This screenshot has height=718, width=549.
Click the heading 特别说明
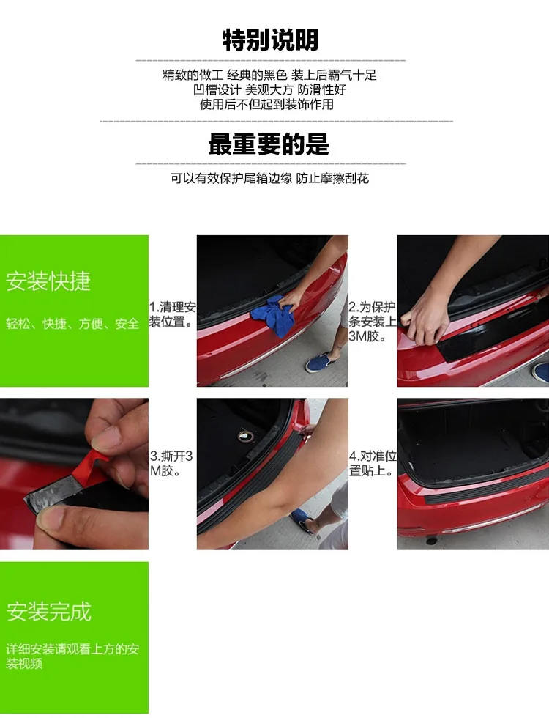[x=270, y=40]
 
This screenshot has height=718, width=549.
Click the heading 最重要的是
[x=269, y=144]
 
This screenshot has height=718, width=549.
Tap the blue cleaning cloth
[x=272, y=315]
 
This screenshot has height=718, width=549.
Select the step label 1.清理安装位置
[x=173, y=314]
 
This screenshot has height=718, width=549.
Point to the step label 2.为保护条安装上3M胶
[x=373, y=322]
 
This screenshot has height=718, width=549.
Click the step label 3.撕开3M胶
[x=171, y=463]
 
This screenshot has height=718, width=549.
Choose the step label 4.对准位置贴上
[x=373, y=463]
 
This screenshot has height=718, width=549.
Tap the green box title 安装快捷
[x=48, y=281]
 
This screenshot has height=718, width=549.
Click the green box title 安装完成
[x=48, y=611]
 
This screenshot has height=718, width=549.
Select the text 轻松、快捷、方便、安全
[x=72, y=324]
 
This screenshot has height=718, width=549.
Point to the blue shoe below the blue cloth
[x=321, y=362]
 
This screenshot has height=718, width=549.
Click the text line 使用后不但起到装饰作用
[x=266, y=104]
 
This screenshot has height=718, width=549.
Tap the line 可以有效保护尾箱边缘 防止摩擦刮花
[x=270, y=178]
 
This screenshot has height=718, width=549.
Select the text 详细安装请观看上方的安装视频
[x=72, y=656]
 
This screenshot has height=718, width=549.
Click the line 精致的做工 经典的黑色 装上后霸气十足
[x=270, y=75]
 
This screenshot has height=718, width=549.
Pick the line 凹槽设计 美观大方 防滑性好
[x=269, y=89]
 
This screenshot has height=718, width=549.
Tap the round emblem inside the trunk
[x=246, y=437]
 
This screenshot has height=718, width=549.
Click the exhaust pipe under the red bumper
[x=431, y=541]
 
